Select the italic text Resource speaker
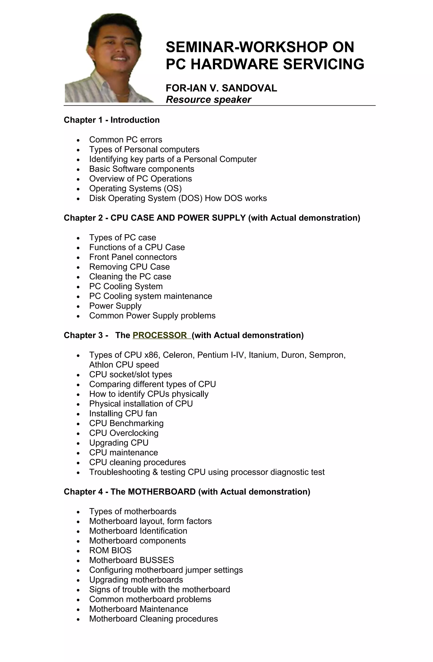click(208, 100)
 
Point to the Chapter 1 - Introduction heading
click(112, 120)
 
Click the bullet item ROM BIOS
click(110, 550)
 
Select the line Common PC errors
click(126, 140)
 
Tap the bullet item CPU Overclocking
click(124, 433)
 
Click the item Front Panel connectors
click(133, 257)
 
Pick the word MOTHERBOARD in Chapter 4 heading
click(162, 492)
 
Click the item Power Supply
click(115, 306)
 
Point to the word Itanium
click(263, 355)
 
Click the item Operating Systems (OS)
click(135, 189)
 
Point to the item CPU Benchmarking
click(126, 423)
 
